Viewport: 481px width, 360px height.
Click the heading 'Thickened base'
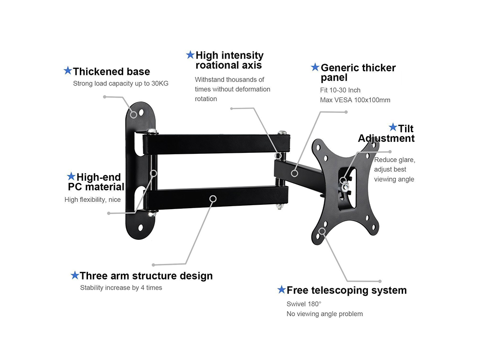click(111, 72)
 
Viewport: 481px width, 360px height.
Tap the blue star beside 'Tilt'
click(393, 127)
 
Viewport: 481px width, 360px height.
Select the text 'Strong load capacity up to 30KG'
click(121, 84)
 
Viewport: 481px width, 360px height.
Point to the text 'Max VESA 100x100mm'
click(355, 100)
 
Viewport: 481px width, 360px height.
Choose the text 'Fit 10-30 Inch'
click(340, 90)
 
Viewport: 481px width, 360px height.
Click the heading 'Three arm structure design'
click(146, 276)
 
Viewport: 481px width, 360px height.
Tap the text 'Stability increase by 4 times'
click(121, 288)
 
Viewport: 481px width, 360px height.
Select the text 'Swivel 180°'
click(304, 304)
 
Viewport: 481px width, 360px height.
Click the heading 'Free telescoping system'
click(346, 290)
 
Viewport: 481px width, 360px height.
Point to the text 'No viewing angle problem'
click(325, 314)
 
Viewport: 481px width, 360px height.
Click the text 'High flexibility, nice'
click(92, 199)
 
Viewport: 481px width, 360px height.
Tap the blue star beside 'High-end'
click(71, 176)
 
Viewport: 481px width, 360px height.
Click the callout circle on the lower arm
click(213, 198)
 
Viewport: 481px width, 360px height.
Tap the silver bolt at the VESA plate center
click(344, 181)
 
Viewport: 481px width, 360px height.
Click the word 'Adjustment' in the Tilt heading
click(386, 138)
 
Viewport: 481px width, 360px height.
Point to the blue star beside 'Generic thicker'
click(315, 67)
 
